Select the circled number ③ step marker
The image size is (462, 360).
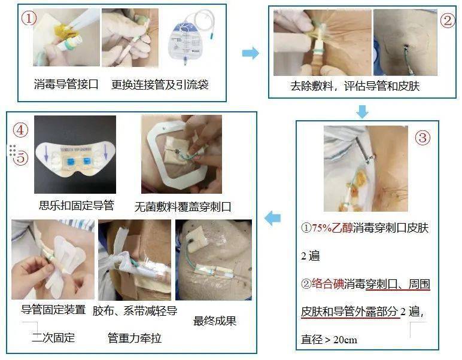423,138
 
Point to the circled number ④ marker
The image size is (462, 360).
21,130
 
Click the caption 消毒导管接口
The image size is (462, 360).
66,84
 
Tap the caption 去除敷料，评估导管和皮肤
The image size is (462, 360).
355,86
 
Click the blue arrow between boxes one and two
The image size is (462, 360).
250,53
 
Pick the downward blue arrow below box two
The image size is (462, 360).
362,111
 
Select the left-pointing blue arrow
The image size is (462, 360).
272,219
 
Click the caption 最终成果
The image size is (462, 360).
215,321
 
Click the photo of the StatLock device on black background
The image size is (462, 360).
75,154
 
